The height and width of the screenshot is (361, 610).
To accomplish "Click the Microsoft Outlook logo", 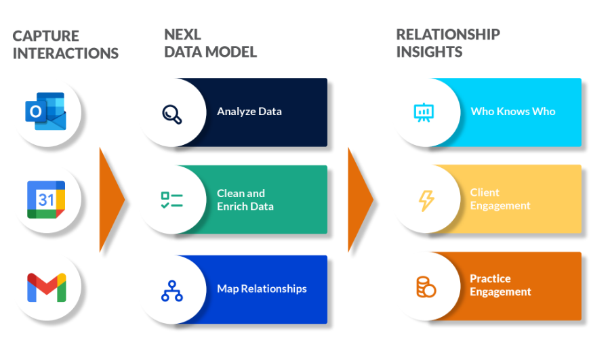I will (45, 111).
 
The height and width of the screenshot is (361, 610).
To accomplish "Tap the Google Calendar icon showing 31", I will (45, 199).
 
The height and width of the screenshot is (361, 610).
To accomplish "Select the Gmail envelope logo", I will (46, 287).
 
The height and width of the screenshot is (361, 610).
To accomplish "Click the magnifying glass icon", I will (172, 112).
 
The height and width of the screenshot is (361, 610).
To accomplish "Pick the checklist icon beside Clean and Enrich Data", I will (171, 200).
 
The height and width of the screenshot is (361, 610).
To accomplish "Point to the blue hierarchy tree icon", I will (171, 290).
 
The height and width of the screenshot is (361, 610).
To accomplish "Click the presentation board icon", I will (424, 112).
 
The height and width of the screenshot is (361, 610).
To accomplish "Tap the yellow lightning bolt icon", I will (426, 200).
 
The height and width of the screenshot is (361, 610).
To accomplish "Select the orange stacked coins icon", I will (426, 286).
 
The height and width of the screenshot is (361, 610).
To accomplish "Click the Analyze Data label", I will (249, 112).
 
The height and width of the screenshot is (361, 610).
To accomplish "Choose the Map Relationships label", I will (262, 289).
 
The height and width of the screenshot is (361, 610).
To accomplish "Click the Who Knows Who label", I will (512, 112).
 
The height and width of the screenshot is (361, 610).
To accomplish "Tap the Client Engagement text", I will (500, 199).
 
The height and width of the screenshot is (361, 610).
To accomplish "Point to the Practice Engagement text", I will (500, 285).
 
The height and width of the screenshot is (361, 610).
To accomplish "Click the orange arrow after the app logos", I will (110, 199).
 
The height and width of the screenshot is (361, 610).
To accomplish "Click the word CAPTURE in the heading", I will (45, 36).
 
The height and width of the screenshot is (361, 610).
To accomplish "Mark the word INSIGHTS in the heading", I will (429, 51).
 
